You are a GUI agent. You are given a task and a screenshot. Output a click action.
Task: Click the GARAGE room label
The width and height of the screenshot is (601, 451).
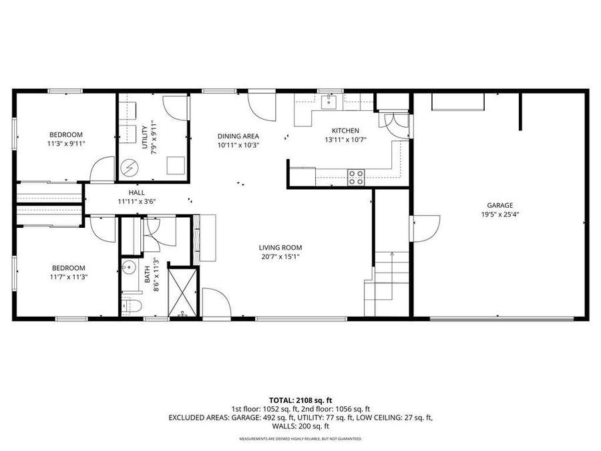click(x=499, y=205)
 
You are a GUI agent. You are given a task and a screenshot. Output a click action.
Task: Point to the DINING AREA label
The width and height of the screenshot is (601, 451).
click(x=238, y=136)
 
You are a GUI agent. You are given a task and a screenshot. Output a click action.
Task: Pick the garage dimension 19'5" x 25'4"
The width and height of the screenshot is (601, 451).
click(x=499, y=215)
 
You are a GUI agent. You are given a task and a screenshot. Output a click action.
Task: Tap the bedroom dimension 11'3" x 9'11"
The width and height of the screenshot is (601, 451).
click(x=66, y=143)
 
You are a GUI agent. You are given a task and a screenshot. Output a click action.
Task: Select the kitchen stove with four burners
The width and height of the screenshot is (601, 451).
click(x=356, y=176)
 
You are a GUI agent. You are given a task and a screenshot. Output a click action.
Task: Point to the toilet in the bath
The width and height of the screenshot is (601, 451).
click(x=132, y=306)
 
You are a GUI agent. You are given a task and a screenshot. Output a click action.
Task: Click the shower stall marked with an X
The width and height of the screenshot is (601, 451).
click(x=182, y=291)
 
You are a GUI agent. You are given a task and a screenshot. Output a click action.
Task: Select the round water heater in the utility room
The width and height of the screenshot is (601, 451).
click(x=131, y=165)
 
